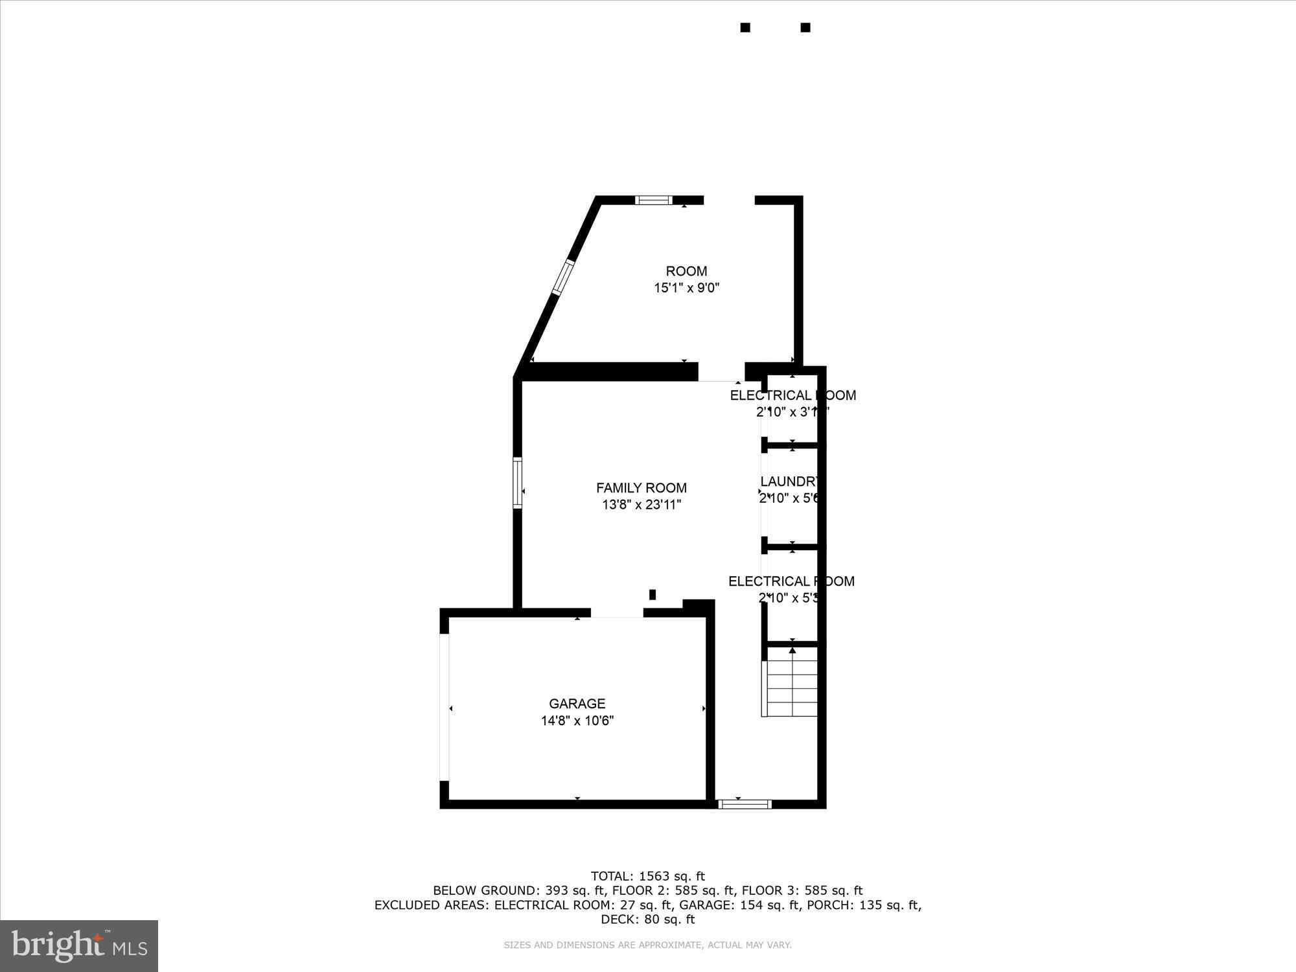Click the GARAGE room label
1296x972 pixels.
click(577, 703)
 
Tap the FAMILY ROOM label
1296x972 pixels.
click(641, 488)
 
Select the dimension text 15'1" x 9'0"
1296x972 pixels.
click(686, 288)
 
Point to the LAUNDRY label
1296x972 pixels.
click(790, 481)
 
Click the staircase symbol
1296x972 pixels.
click(791, 684)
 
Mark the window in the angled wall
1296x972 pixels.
click(562, 277)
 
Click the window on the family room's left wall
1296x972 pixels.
click(517, 483)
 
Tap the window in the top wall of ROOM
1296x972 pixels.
click(653, 200)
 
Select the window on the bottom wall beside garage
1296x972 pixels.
click(745, 804)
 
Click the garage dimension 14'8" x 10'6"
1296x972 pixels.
click(577, 720)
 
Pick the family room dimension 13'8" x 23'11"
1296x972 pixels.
click(641, 505)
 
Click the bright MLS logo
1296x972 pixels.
click(78, 945)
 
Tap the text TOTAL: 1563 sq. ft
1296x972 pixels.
click(647, 876)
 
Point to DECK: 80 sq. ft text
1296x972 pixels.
click(647, 919)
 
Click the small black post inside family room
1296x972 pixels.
click(653, 594)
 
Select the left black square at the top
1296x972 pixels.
click(745, 27)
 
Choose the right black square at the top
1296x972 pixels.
click(805, 27)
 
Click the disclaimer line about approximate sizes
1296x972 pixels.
click(647, 945)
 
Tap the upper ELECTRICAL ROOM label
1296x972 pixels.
click(793, 395)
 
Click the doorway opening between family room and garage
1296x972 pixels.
click(616, 612)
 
